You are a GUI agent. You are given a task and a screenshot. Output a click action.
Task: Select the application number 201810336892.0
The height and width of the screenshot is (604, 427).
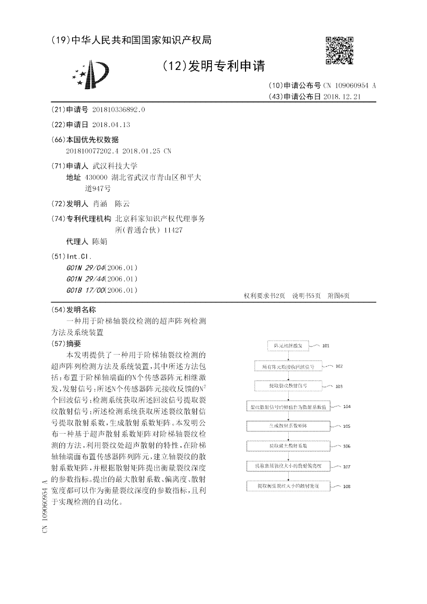(118, 109)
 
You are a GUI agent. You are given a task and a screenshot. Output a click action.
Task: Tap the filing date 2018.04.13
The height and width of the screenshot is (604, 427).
(111, 124)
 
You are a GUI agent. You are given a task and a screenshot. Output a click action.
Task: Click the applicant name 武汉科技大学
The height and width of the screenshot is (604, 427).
(115, 166)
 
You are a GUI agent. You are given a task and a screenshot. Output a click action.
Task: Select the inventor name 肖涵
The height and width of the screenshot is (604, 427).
(100, 204)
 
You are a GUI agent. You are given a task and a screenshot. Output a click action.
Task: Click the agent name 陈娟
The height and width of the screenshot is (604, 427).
(100, 241)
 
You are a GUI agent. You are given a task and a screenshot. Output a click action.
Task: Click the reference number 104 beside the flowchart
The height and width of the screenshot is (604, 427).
(347, 407)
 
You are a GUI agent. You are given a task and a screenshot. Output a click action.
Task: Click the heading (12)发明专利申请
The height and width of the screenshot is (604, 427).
(213, 66)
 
